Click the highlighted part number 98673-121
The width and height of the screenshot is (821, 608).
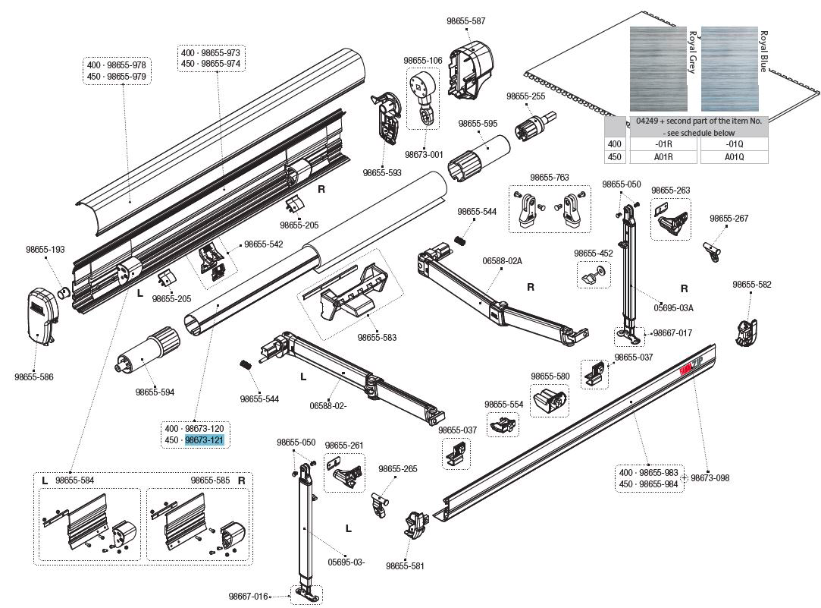coord(205,440)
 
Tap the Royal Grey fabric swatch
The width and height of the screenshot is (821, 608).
coord(656,70)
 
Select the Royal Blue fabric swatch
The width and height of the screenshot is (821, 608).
coord(728,70)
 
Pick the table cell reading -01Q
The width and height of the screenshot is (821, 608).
coord(734,143)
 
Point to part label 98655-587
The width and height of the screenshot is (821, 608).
coord(467,21)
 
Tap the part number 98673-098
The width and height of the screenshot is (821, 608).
coord(710,478)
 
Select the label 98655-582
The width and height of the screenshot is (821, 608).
coord(751,285)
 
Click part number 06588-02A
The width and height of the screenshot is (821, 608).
coord(502,260)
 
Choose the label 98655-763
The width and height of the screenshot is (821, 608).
coord(550,178)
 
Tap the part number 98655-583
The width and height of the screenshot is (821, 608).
coord(377,337)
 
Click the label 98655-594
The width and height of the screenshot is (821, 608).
coord(155,392)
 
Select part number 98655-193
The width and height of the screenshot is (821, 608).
coord(45,249)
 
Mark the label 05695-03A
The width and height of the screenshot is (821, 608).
coord(674,308)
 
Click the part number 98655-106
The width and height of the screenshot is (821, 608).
coord(422,60)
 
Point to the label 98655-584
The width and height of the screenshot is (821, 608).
coord(74,480)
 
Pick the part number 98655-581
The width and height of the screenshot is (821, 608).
coord(405,565)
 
